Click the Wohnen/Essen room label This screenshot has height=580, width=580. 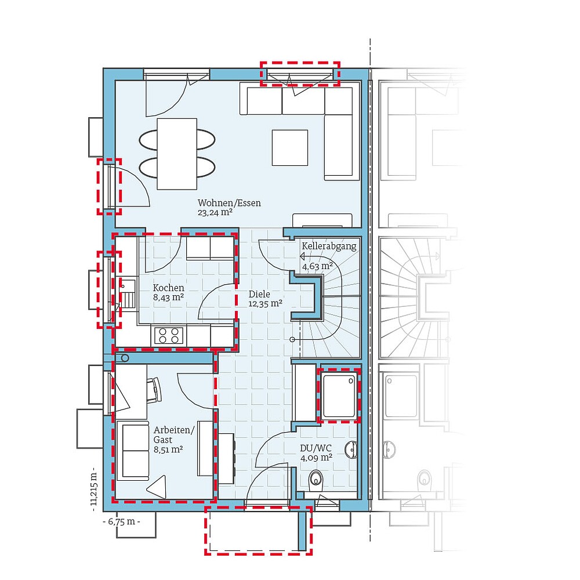[229, 203]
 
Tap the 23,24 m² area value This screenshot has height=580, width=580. [215, 213]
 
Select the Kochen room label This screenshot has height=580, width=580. [168, 288]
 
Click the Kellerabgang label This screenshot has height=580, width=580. [328, 246]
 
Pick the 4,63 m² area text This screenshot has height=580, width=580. [317, 266]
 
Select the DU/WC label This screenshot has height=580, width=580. [316, 448]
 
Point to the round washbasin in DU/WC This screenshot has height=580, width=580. [350, 450]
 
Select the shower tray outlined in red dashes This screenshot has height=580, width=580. [338, 396]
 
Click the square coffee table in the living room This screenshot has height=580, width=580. [290, 147]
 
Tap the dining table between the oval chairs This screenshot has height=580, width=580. [177, 153]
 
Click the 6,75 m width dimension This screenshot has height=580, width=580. [121, 521]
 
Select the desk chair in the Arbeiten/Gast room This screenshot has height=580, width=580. [155, 389]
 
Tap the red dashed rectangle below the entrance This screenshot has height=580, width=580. [258, 531]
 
